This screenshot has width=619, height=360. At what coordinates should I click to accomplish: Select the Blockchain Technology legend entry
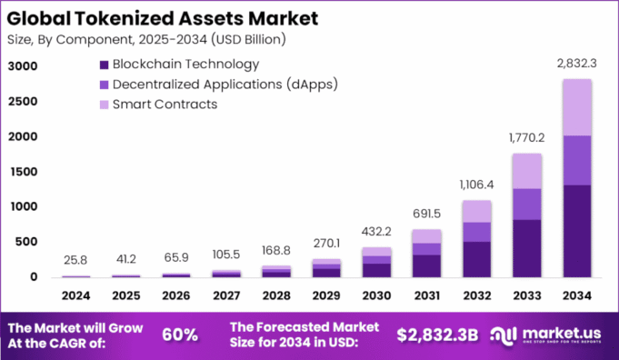click(178, 65)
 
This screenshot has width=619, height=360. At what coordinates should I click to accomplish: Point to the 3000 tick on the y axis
click(25, 66)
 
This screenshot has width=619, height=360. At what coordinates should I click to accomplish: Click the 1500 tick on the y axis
click(25, 172)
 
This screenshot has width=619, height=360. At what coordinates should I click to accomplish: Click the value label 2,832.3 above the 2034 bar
click(577, 63)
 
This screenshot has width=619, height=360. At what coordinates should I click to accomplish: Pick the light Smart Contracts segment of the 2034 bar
click(577, 107)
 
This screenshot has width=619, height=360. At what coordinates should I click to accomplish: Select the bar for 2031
click(427, 254)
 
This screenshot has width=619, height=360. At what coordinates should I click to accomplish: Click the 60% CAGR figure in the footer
click(180, 334)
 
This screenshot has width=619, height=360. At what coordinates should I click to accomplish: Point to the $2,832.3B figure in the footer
click(437, 334)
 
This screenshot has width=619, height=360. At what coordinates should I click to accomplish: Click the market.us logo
click(550, 334)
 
